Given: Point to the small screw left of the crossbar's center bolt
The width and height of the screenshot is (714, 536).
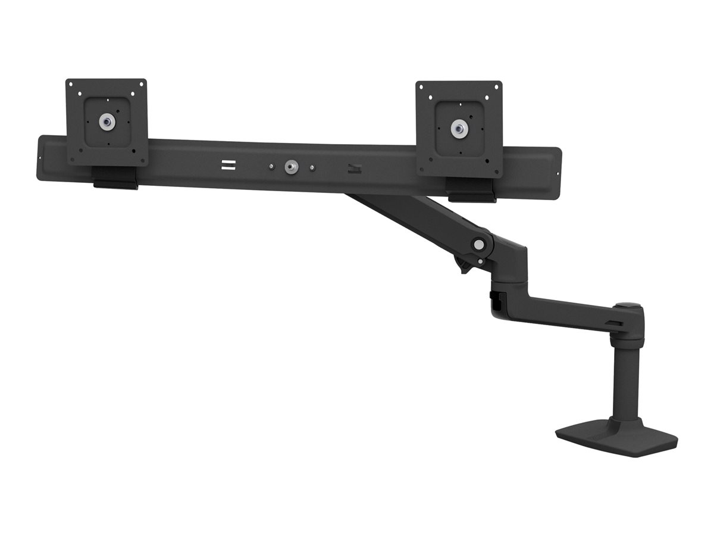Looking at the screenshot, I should click(x=271, y=166).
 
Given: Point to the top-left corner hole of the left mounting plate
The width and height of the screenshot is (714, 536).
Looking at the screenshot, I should click(x=71, y=85).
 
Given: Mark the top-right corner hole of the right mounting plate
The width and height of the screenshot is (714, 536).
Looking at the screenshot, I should click(x=496, y=88).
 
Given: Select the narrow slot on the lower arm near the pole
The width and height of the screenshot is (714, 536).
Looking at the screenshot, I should click(x=617, y=324).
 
